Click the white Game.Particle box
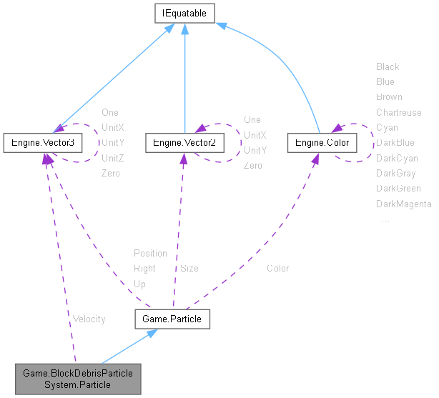click(x=172, y=319)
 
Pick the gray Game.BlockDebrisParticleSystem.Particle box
click(x=78, y=379)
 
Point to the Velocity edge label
click(x=89, y=319)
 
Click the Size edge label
click(x=189, y=269)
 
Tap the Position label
click(x=150, y=253)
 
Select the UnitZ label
click(x=113, y=158)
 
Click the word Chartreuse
click(x=399, y=112)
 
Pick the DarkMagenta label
click(x=404, y=204)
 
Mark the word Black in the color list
click(x=388, y=66)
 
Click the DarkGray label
click(x=396, y=173)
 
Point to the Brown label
click(x=389, y=96)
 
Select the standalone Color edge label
click(x=278, y=269)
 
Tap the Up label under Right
click(x=140, y=284)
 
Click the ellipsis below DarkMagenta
click(x=385, y=220)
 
